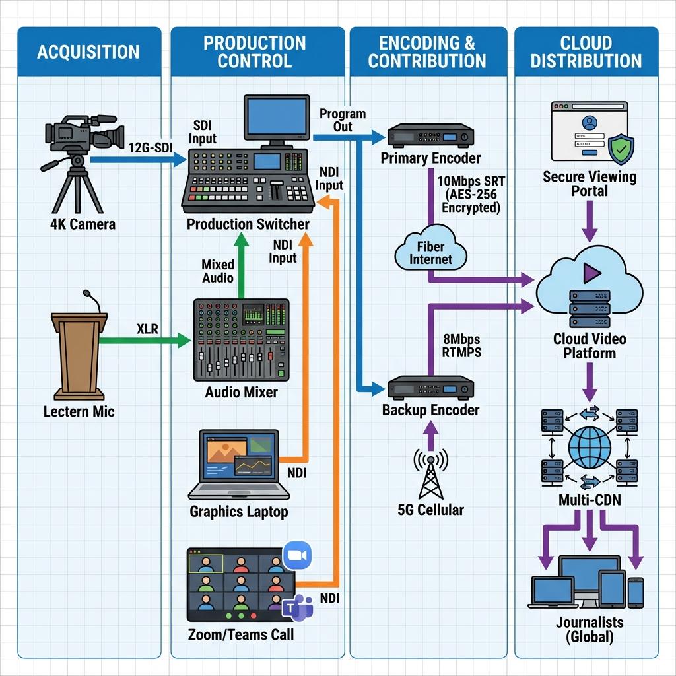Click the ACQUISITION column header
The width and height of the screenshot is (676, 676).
pyautogui.click(x=89, y=51)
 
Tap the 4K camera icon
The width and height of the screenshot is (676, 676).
pyautogui.click(x=82, y=164)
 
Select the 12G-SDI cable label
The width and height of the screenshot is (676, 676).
pyautogui.click(x=151, y=147)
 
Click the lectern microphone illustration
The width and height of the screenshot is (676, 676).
pyautogui.click(x=79, y=345)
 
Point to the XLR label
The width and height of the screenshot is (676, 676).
pyautogui.click(x=147, y=329)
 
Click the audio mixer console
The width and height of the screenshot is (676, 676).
pyautogui.click(x=241, y=340)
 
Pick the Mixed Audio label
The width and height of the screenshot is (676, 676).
pyautogui.click(x=218, y=271)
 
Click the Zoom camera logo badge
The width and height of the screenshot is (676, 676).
pyautogui.click(x=297, y=556)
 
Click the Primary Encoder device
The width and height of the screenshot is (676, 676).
pyautogui.click(x=430, y=136)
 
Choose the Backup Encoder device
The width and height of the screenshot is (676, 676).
pyautogui.click(x=430, y=388)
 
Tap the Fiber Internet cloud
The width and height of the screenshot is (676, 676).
pyautogui.click(x=430, y=249)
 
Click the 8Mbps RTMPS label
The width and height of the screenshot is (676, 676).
pyautogui.click(x=461, y=346)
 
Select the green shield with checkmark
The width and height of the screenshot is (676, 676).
pyautogui.click(x=621, y=149)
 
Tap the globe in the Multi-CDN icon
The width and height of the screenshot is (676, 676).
pyautogui.click(x=590, y=448)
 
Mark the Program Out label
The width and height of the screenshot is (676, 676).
pyautogui.click(x=343, y=120)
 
